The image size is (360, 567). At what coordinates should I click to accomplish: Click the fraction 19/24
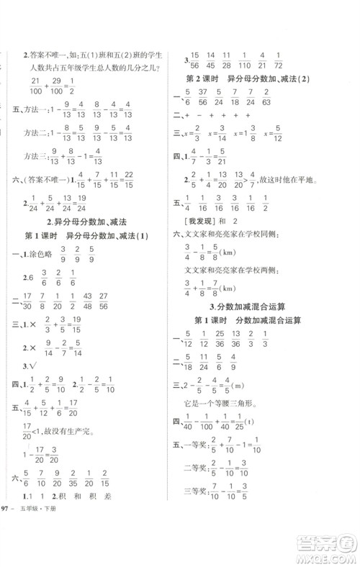(107, 203)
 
